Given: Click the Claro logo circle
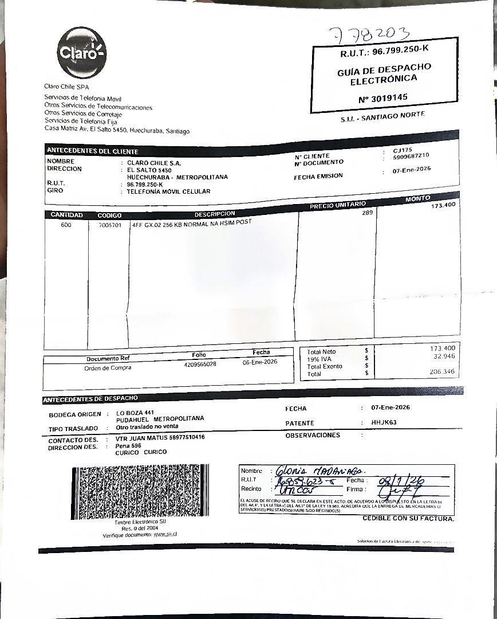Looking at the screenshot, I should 82,53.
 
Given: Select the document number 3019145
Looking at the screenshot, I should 383,98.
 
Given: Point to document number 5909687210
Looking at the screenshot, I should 411,156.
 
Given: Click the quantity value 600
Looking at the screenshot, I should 66,225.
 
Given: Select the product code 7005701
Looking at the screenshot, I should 109,225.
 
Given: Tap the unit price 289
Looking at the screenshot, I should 367,213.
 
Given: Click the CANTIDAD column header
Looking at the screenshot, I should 67,215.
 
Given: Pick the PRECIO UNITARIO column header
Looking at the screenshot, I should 337,205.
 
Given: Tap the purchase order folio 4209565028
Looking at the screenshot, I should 200,365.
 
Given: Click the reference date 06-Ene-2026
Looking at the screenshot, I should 260,362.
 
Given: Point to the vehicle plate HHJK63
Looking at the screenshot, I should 384,422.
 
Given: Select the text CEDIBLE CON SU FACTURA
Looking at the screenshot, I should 408,519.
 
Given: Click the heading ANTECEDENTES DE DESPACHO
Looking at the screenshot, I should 90,398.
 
